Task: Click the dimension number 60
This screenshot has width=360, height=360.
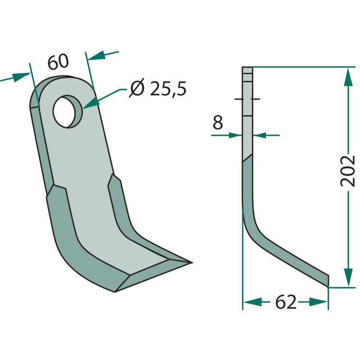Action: pyautogui.click(x=58, y=62)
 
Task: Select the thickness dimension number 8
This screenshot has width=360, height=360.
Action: pyautogui.click(x=218, y=122)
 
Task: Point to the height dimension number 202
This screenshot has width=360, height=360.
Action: pyautogui.click(x=348, y=171)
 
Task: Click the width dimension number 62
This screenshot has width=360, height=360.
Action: pyautogui.click(x=286, y=302)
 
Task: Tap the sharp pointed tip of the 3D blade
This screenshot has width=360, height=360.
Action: pyautogui.click(x=192, y=262)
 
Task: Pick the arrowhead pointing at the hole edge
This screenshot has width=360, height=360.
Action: pyautogui.click(x=91, y=103)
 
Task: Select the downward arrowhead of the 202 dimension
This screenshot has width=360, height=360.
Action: pyautogui.click(x=348, y=277)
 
